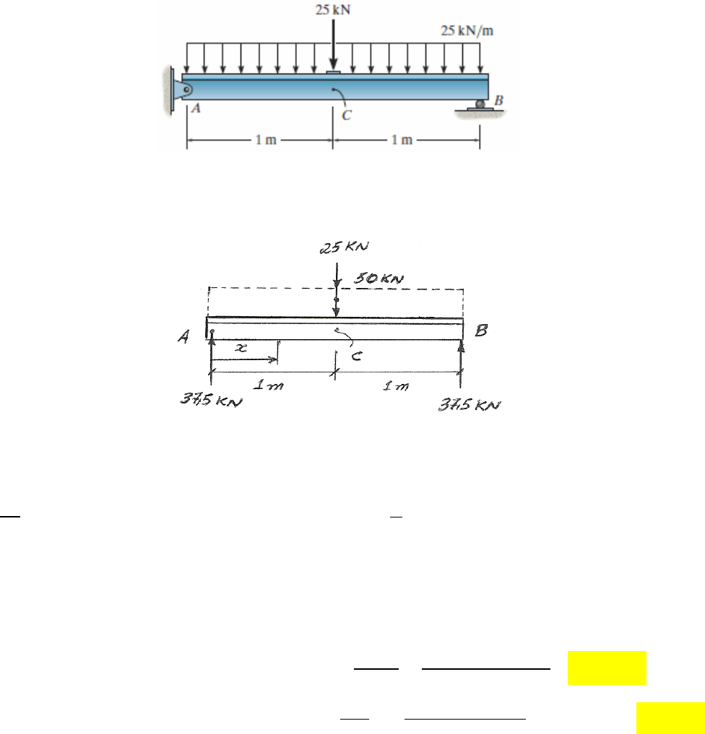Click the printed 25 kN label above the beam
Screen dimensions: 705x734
(x=332, y=10)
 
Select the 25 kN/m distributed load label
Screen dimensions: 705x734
(x=467, y=31)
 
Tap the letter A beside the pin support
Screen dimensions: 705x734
(x=196, y=108)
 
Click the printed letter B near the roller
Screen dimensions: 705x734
(x=499, y=100)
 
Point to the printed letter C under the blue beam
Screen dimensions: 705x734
(x=347, y=115)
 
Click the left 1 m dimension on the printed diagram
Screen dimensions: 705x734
(x=266, y=140)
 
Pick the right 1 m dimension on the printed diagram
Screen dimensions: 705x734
(x=402, y=140)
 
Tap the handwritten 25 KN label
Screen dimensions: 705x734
(x=345, y=247)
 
